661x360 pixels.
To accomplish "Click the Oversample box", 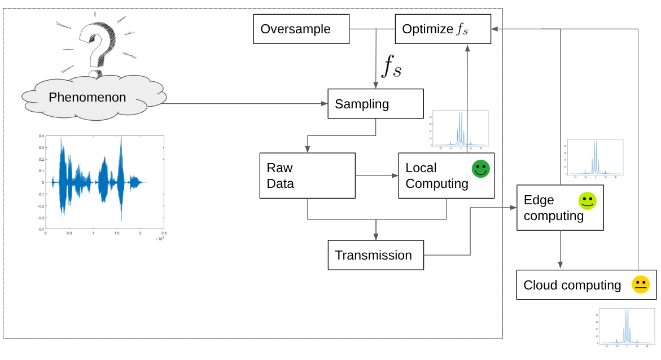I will click(x=301, y=29).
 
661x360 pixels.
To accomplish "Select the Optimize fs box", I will click(x=443, y=29).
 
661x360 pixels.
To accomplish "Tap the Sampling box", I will click(x=375, y=104).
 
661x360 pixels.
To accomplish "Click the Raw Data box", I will click(x=307, y=175).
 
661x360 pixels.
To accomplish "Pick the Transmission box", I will click(x=375, y=255).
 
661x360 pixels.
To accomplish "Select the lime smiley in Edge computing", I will click(x=587, y=201).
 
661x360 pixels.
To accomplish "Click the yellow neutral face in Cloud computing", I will click(x=641, y=284).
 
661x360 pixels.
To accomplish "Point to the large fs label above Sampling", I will click(x=392, y=66).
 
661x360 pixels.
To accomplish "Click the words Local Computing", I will click(x=436, y=175).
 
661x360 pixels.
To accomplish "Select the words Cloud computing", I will click(x=572, y=285).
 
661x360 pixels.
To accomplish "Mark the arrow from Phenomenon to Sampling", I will click(x=243, y=104).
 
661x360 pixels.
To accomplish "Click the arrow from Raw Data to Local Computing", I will click(x=377, y=176).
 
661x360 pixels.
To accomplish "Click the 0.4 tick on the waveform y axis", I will click(x=41, y=136).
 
